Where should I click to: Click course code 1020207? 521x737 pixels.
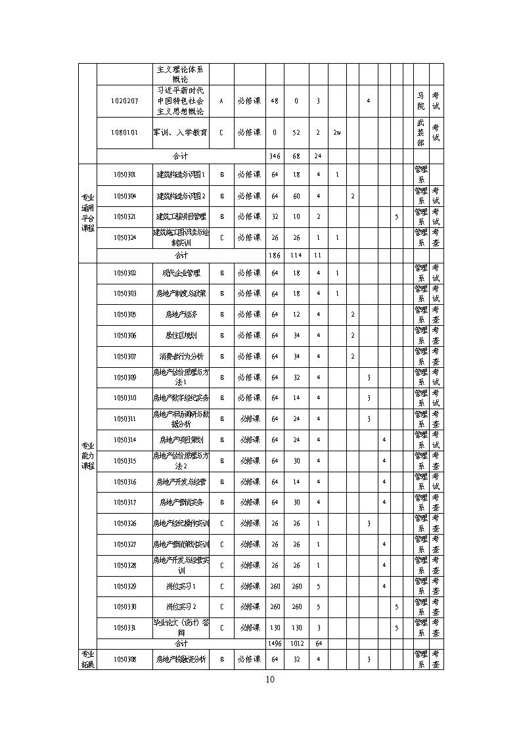click(124, 101)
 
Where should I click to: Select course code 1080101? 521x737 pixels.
click(124, 133)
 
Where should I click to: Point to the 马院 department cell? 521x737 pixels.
click(420, 100)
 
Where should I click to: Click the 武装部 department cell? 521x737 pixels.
click(420, 133)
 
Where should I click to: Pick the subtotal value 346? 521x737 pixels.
click(275, 156)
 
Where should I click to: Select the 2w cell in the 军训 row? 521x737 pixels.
click(337, 133)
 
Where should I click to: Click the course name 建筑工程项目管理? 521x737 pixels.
click(181, 216)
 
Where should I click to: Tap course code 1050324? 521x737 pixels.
click(124, 237)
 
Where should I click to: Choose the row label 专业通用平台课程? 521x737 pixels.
click(87, 212)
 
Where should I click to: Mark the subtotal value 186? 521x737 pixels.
click(275, 255)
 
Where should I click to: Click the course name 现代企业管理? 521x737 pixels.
click(181, 273)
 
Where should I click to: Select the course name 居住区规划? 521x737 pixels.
click(181, 335)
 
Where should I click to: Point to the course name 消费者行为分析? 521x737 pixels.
click(181, 356)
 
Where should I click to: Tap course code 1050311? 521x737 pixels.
click(124, 418)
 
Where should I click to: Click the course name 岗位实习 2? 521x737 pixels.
click(181, 607)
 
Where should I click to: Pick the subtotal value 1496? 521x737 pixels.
click(275, 644)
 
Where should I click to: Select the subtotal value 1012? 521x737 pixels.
click(296, 644)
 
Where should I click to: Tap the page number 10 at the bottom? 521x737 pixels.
click(270, 679)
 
